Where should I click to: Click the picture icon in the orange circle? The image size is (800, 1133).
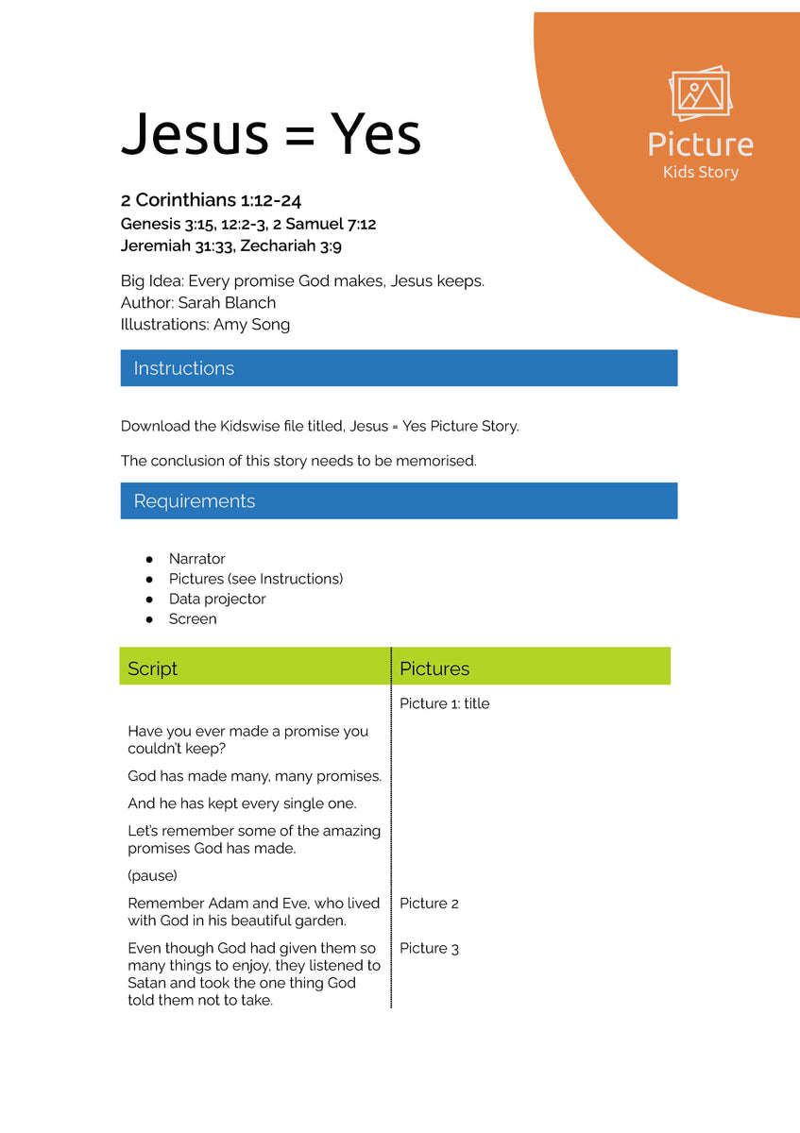pos(700,93)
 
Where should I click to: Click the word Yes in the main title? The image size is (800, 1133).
pos(375,135)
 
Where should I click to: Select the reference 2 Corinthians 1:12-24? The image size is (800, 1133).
pos(211,200)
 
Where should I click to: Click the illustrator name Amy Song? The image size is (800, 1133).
pos(251,325)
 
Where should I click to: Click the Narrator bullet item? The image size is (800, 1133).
pos(196,559)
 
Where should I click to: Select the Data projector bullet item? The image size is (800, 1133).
pos(217,600)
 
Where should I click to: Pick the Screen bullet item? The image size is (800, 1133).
pos(193,619)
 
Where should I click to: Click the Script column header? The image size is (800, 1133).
pos(153,668)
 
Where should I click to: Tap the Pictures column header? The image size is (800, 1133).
pos(434,668)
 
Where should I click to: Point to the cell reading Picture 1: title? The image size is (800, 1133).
pos(444,703)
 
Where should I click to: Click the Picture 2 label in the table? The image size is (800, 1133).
pos(429,904)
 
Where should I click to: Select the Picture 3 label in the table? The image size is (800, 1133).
pos(429,948)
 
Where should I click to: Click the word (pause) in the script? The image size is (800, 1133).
pos(152,875)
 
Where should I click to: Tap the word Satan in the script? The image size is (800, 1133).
pos(148,983)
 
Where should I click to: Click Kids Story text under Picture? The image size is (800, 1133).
pos(701,172)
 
